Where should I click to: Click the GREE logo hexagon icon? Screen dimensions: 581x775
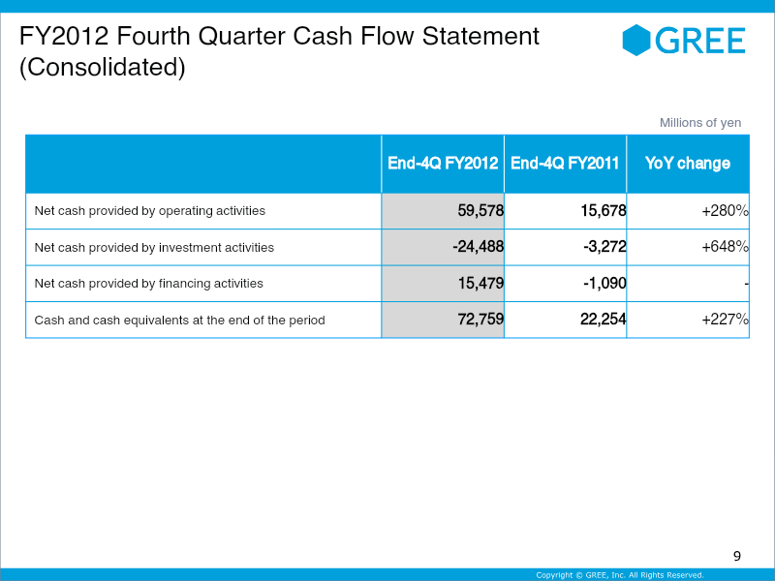[636, 40]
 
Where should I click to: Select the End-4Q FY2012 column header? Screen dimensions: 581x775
[443, 164]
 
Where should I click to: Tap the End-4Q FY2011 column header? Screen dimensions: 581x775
[565, 164]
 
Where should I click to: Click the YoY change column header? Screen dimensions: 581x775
[688, 164]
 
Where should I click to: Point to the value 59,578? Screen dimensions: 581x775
[480, 210]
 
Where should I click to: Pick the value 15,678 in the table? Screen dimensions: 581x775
[603, 210]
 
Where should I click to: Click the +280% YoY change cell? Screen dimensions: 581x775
[725, 210]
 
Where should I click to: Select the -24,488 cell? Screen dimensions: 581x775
[478, 247]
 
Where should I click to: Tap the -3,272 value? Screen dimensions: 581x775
[604, 247]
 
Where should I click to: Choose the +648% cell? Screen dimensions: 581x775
[725, 247]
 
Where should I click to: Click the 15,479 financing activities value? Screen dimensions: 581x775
[480, 284]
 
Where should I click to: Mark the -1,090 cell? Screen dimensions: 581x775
[604, 284]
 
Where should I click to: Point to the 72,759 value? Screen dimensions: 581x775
[480, 320]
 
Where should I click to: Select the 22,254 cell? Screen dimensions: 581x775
[603, 320]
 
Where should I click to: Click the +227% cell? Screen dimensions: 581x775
[725, 320]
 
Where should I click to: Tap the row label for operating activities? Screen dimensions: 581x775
[149, 210]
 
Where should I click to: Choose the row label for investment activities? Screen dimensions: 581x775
[154, 247]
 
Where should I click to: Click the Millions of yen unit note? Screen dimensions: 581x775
[699, 122]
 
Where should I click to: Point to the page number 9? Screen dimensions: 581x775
[736, 556]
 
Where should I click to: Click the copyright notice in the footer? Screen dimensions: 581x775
[620, 575]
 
